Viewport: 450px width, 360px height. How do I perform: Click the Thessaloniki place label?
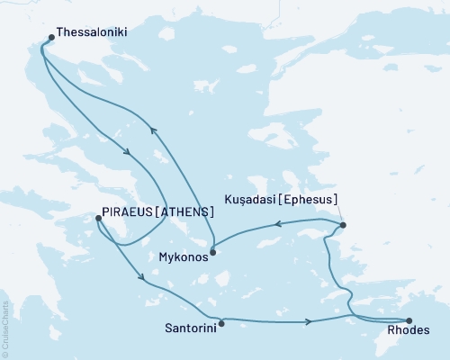[91, 31]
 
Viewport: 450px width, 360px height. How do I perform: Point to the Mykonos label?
[182, 256]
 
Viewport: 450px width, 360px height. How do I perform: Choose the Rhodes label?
[410, 329]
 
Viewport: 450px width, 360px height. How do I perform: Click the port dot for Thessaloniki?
[49, 38]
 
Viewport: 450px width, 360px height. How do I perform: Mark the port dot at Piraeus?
[97, 217]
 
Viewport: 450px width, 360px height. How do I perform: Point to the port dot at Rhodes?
[409, 319]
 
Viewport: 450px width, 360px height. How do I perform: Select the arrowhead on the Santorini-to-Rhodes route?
[310, 321]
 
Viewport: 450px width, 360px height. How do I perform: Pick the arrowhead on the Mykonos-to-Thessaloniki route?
[152, 131]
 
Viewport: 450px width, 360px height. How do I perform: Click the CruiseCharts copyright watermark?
[5, 329]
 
